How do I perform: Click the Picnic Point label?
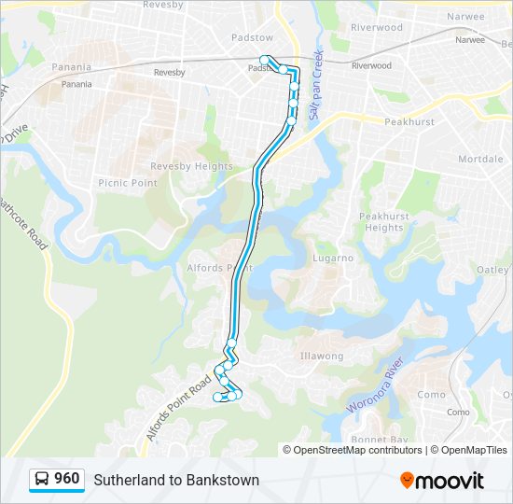pos(128,183)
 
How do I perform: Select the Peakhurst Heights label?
pos(383,221)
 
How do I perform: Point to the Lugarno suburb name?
pos(334,258)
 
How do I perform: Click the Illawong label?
pos(322,356)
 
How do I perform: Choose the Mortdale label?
pos(480,159)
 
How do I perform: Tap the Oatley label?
pos(493,270)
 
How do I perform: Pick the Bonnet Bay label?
pos(380,439)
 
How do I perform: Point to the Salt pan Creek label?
pos(316,83)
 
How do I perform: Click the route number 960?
pos(66,479)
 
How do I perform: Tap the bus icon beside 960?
pos(42,480)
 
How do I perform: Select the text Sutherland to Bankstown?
pos(176,480)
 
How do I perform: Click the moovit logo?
pos(442,480)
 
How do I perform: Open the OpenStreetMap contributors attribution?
pos(357,450)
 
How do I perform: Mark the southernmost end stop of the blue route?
pos(217,398)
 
